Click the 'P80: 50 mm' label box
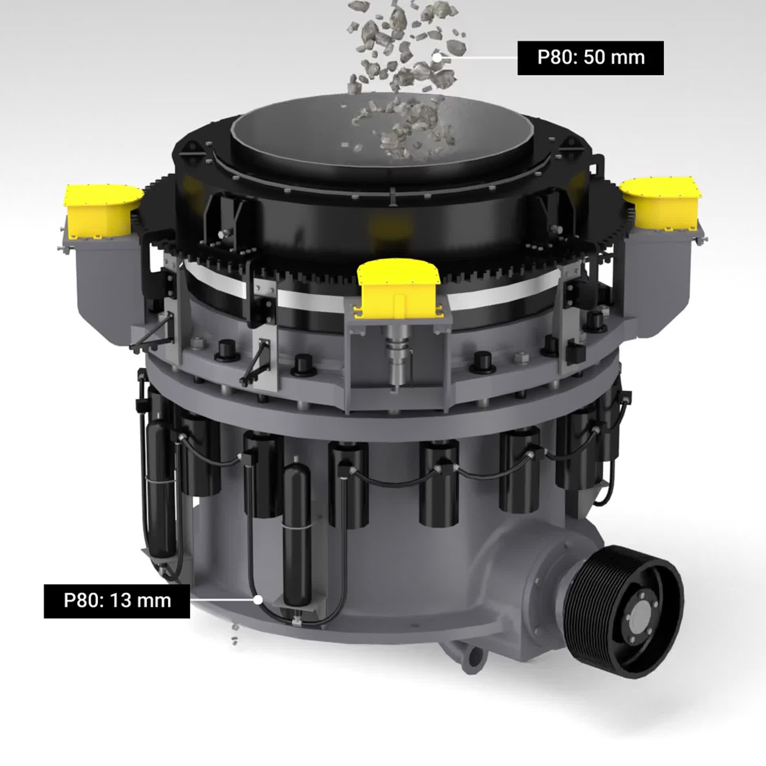(x=590, y=58)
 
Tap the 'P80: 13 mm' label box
(x=117, y=612)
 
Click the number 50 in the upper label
(x=594, y=58)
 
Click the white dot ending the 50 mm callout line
(x=437, y=57)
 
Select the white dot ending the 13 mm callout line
(x=259, y=610)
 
